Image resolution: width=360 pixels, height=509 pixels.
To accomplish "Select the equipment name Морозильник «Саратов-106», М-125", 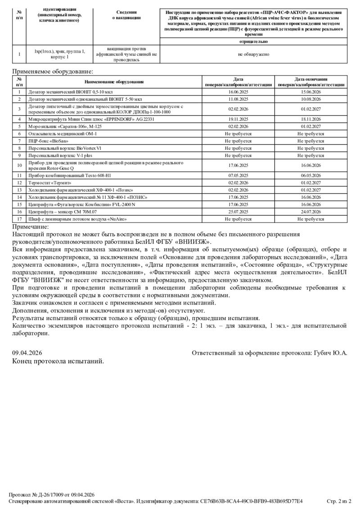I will coord(65,127).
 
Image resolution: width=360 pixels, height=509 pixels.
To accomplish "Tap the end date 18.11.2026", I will coord(310,119).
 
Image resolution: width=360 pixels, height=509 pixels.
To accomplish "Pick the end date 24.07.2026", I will coord(310,211).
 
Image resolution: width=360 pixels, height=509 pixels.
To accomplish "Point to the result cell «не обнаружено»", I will coord(253,54).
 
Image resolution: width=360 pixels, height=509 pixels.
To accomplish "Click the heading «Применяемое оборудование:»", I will coord(53,71).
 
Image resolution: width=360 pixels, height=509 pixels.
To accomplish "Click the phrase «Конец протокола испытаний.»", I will coord(58,361).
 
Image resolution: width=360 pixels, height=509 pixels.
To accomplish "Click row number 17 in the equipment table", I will coord(19,219).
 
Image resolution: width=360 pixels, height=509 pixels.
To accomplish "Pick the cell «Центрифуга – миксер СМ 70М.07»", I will coord(62,211).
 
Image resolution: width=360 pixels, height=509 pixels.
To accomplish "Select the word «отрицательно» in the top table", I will coord(253,41).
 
